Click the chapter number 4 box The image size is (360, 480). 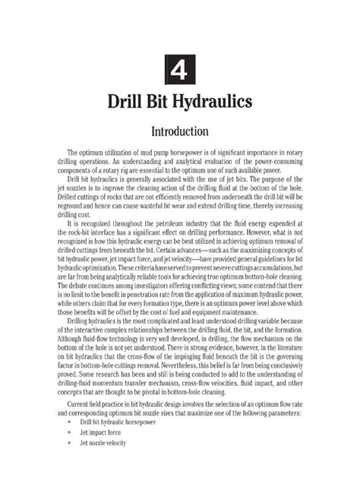coord(180,71)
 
